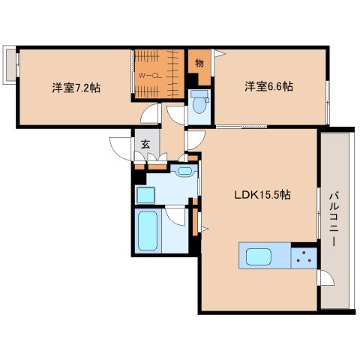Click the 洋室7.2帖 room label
coord(76,87)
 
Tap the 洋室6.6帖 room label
coord(268,85)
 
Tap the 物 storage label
coord(199,63)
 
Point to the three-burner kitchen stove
coord(303,256)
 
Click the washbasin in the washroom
coord(184,172)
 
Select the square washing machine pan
coord(145,194)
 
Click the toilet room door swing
coord(177,114)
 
